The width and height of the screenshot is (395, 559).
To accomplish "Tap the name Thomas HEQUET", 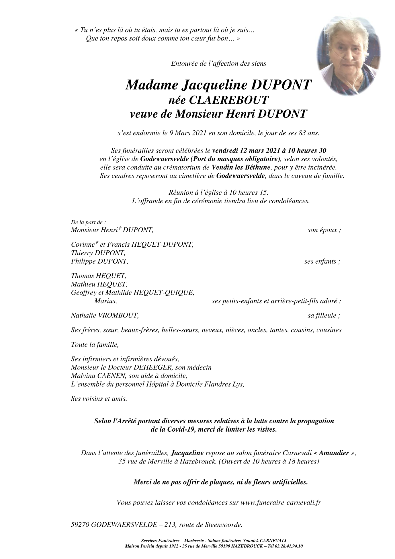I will click(x=98, y=276).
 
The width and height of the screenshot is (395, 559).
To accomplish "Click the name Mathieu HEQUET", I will click(x=99, y=285).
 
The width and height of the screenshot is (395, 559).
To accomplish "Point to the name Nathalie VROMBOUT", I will click(x=105, y=316).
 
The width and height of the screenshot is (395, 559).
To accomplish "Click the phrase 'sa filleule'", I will click(x=322, y=316).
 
